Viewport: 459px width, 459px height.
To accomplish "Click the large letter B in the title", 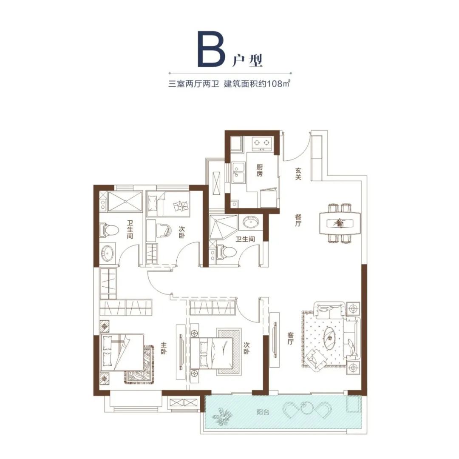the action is (212, 48).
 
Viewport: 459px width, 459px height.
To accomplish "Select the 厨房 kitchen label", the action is (260, 170).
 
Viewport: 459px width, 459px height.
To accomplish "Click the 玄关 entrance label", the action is (298, 174).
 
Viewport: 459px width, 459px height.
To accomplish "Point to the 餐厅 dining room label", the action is (298, 220).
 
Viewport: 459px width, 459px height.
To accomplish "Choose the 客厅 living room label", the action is (290, 338).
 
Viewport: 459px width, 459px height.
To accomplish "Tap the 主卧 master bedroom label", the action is (163, 348).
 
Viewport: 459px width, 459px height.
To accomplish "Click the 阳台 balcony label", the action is (263, 412).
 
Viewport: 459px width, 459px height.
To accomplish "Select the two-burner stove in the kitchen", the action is (261, 143).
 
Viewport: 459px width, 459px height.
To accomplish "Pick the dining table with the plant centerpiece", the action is (340, 223).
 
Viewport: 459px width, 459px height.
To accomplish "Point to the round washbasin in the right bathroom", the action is (250, 222).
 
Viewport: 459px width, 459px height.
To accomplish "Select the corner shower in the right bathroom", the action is (223, 227).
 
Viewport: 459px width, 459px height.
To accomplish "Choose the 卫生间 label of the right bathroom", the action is (245, 239).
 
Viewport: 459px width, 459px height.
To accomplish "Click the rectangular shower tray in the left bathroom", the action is (125, 201).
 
